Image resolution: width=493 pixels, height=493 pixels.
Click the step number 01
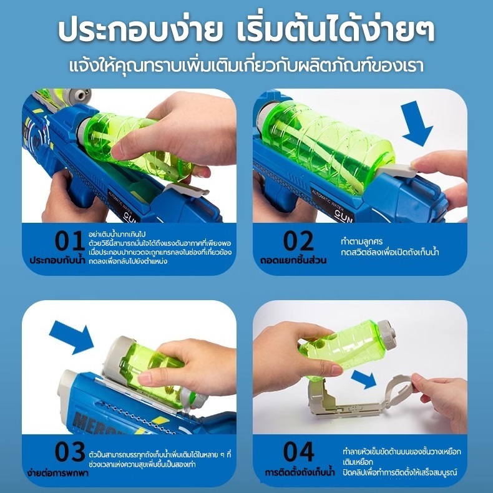tap(69, 240)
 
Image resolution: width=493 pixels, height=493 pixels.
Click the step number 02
tap(298, 240)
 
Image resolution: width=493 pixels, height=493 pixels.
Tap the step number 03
tap(70, 451)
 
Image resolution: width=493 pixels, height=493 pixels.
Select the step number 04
tap(299, 451)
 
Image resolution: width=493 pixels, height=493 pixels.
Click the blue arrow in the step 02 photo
tap(416, 124)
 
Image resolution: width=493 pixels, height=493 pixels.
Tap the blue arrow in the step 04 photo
tap(364, 379)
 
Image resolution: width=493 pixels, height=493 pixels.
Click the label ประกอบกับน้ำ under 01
tap(57, 260)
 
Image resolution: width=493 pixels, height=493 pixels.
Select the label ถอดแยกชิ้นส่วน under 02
tap(293, 260)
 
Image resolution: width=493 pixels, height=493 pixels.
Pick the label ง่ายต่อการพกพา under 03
tap(57, 472)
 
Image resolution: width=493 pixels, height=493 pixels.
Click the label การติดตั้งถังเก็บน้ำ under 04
tap(300, 472)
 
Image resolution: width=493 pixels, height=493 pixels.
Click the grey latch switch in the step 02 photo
tap(398, 172)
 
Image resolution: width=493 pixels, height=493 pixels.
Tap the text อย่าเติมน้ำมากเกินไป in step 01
tap(117, 234)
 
